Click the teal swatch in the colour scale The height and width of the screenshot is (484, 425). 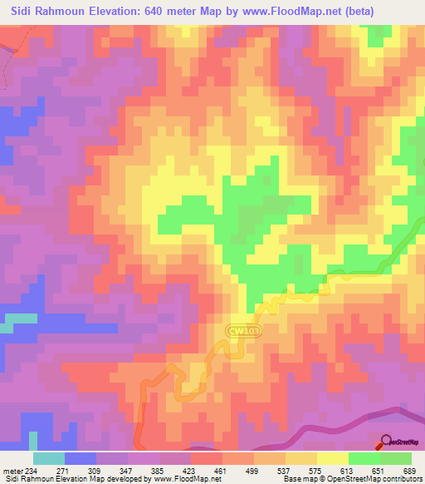[49, 458]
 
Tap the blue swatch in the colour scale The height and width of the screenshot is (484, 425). [81, 458]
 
